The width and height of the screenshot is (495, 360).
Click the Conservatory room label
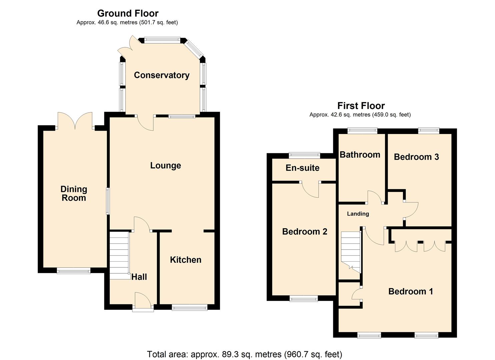point(162,75)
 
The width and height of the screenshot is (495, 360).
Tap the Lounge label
point(165,166)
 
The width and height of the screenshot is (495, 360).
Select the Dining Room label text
point(74,194)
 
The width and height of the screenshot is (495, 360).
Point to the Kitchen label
point(186,260)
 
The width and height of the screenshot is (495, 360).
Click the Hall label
point(139,277)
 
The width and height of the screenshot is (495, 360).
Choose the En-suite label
point(302,168)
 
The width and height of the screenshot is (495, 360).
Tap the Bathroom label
point(360,155)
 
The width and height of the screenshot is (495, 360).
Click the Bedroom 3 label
point(416,157)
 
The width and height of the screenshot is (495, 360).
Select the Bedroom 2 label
point(304,232)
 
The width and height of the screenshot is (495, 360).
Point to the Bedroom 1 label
point(410,292)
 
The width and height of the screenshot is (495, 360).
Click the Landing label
point(358,214)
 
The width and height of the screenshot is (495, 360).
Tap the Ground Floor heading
point(128,13)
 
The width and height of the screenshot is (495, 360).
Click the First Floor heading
point(361,106)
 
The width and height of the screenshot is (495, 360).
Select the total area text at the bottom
point(244,354)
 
